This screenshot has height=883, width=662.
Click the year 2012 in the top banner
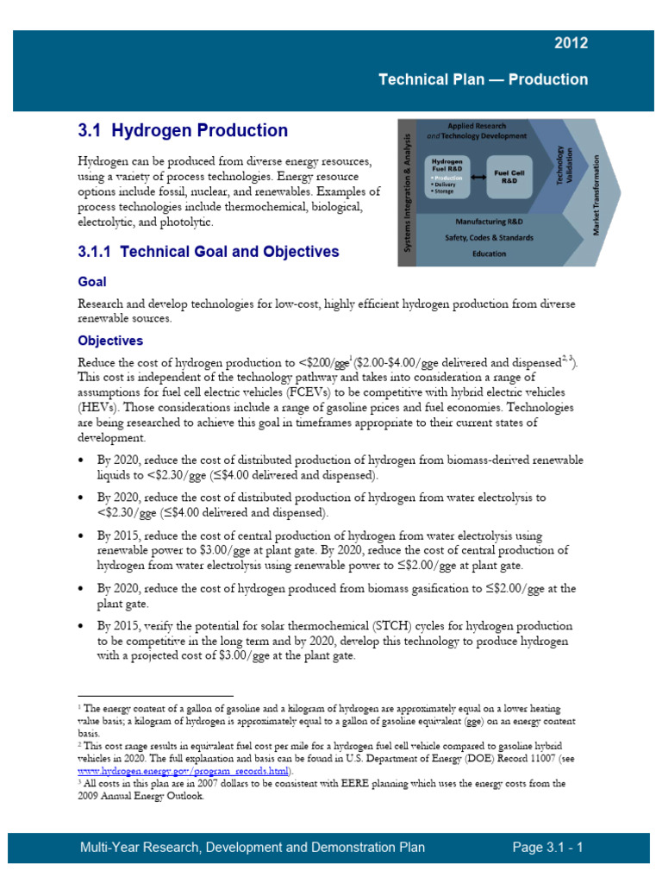[x=571, y=43]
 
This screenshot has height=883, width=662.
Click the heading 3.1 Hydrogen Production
[x=183, y=131]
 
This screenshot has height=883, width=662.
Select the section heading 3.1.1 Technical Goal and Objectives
[x=209, y=252]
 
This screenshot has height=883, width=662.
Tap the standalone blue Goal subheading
[x=92, y=282]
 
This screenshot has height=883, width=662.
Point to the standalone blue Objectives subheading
[x=110, y=341]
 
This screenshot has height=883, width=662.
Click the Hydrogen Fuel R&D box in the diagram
[x=448, y=167]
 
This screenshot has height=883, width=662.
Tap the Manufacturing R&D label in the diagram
[x=489, y=222]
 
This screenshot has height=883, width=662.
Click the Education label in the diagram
[x=489, y=254]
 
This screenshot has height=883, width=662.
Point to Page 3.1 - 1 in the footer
[x=547, y=848]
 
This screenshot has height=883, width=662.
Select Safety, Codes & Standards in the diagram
[x=489, y=238]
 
